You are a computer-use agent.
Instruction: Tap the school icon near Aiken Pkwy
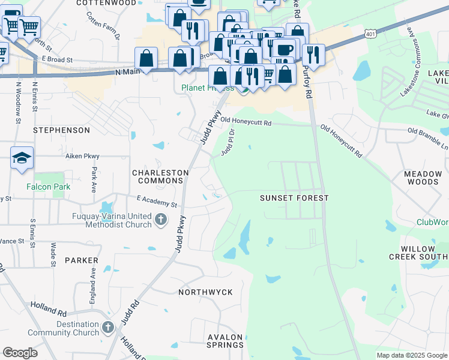22,158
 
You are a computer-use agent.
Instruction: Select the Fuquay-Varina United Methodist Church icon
160,220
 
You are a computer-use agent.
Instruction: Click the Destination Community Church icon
107,327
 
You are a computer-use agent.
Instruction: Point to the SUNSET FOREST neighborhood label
294,197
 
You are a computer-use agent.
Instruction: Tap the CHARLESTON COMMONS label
160,176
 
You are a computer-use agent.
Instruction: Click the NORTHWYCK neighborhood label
205,292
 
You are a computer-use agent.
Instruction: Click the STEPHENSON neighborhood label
61,130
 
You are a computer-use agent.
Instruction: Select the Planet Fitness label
207,88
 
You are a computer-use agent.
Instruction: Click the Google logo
20,353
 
